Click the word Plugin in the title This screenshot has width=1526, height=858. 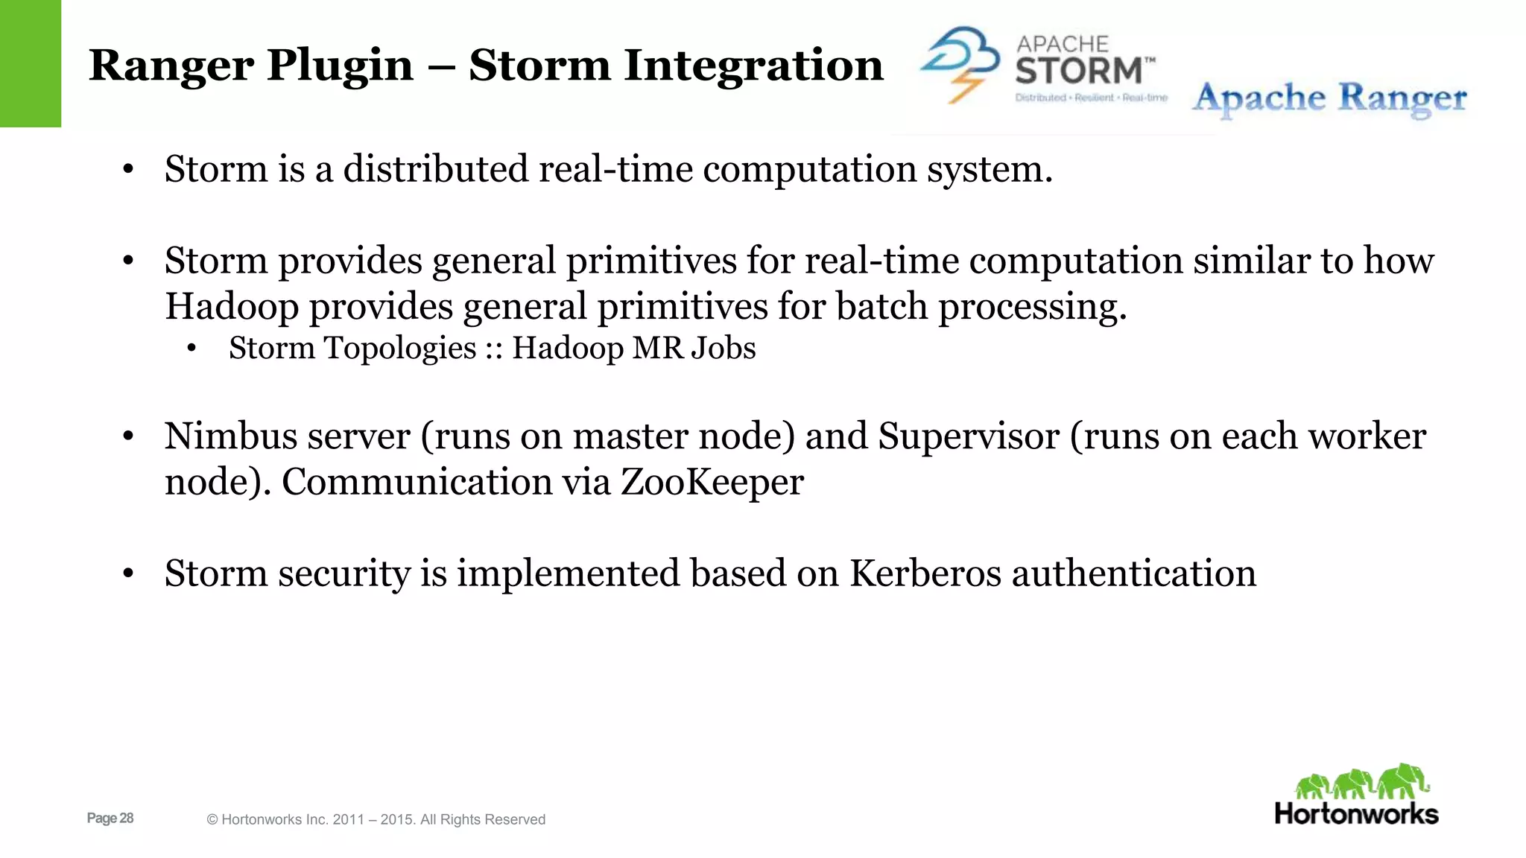tap(340, 66)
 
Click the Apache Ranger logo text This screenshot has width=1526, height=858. tap(1329, 99)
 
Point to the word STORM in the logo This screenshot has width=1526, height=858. tap(1078, 71)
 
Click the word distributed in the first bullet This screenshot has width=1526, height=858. tap(435, 169)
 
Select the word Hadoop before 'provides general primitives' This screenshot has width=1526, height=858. tap(232, 307)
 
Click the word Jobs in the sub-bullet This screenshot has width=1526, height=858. tap(723, 349)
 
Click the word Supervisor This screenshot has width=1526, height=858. tap(968, 436)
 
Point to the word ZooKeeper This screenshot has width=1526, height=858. tap(712, 482)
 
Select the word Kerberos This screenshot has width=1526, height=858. tap(925, 574)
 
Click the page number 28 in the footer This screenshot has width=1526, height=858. tap(126, 819)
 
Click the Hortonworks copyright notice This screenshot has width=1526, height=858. tap(376, 820)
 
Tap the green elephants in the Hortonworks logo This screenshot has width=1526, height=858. tap(1362, 782)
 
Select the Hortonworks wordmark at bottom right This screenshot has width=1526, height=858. tap(1356, 814)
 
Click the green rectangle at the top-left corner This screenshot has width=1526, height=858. tap(30, 63)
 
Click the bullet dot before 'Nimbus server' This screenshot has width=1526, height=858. tap(128, 437)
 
